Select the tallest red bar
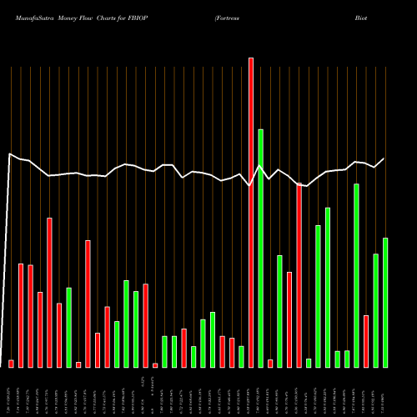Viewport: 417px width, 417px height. coord(250,212)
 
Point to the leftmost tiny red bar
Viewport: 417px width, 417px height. coord(12,364)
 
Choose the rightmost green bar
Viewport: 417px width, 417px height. coord(385,302)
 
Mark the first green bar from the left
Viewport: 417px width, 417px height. coord(69,327)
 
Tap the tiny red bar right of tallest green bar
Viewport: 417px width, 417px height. coord(270,363)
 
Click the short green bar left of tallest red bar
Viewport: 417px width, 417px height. coord(241,356)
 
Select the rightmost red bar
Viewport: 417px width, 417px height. coord(365,341)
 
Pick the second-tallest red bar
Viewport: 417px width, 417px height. coord(299,274)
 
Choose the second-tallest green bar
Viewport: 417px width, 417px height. coord(356,275)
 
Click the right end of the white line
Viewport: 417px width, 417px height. coord(384,158)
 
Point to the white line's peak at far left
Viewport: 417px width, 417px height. coord(10,154)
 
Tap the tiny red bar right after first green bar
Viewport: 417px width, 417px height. coord(78,364)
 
